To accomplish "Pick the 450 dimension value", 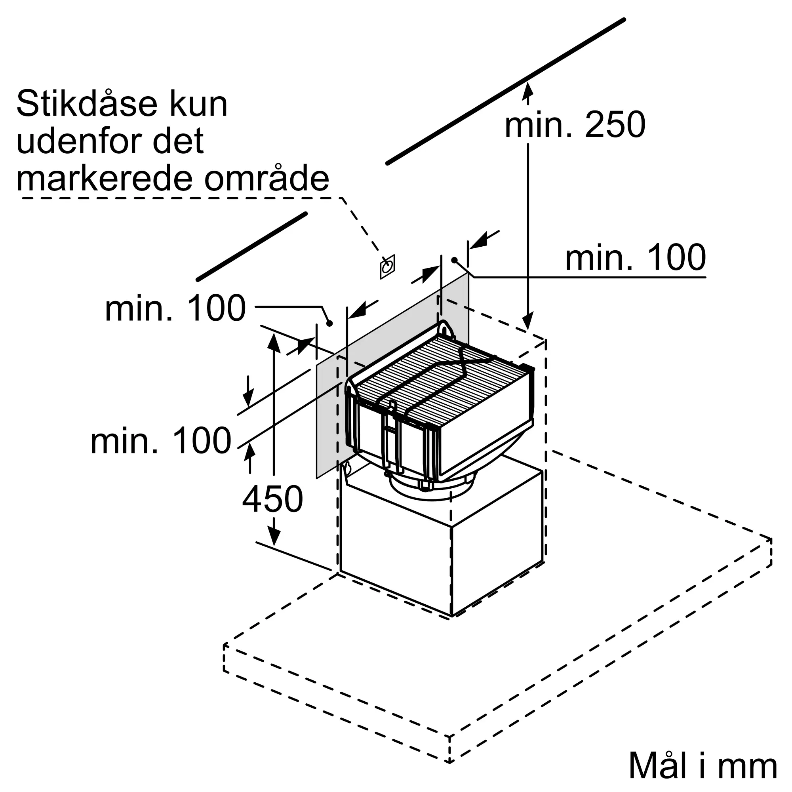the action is coord(272,499).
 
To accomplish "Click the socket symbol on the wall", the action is coord(387,267).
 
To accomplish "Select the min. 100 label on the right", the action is coord(636,257).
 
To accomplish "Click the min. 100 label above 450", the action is coord(161,440).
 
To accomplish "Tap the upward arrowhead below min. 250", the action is coord(528,91).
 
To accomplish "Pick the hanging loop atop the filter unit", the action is coord(445,329).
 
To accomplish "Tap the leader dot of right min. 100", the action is coord(454,260).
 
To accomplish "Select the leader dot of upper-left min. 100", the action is coord(329,324).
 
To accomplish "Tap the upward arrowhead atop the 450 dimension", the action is coord(274,343).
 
